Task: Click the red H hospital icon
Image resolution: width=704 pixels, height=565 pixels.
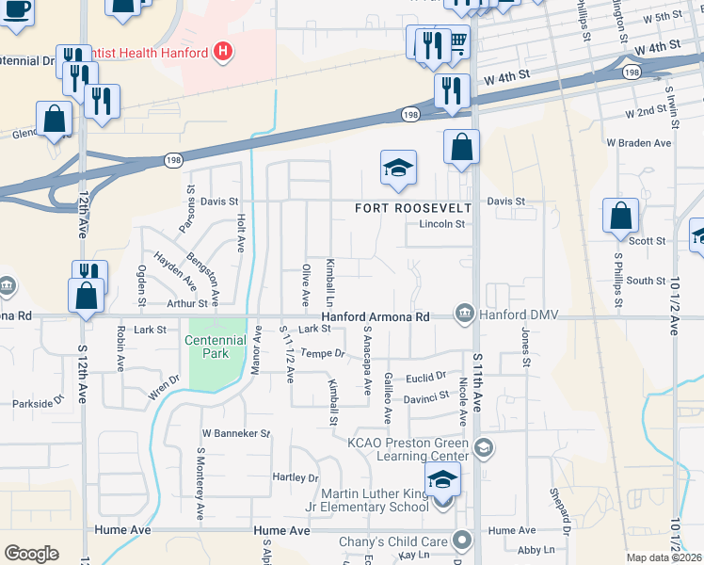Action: (223, 52)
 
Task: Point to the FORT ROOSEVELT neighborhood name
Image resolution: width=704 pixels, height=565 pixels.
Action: (411, 207)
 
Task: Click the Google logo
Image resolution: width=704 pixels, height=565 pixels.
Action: (31, 553)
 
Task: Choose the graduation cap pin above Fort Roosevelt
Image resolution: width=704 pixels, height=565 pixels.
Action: (398, 169)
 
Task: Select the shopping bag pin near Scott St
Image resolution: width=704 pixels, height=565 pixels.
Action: (621, 217)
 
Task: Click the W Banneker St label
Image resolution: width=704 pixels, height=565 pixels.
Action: (236, 434)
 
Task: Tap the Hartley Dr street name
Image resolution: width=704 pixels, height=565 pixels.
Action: (295, 478)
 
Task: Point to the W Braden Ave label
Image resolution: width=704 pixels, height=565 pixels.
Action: (639, 143)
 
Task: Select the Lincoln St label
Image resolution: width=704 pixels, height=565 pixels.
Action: (441, 224)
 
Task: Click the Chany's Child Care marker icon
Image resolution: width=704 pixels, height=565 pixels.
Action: (461, 541)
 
